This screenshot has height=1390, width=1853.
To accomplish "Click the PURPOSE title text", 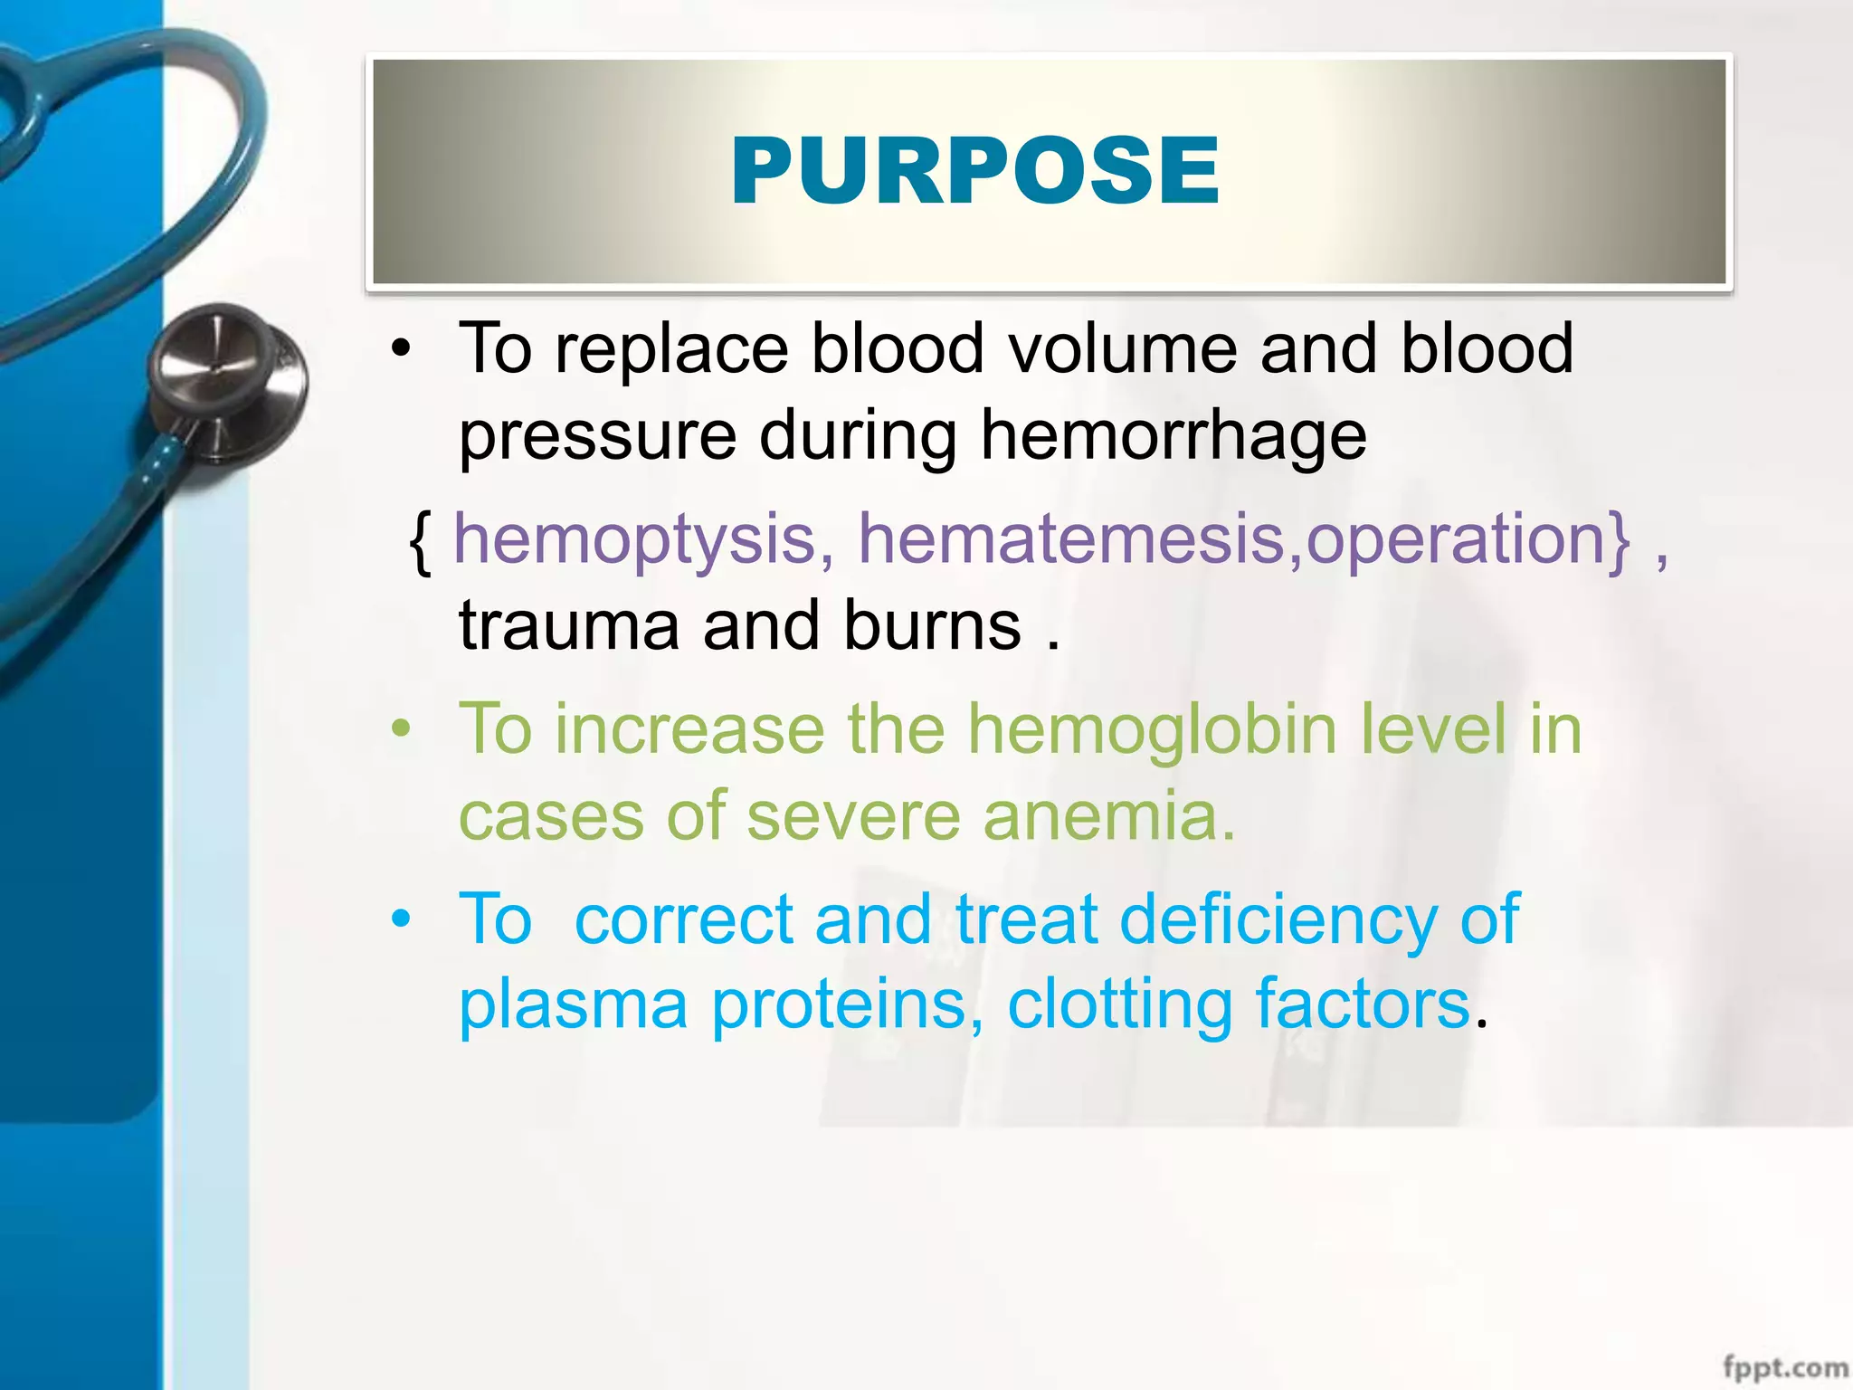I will click(x=975, y=171).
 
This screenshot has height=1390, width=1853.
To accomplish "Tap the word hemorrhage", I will click(x=1173, y=435).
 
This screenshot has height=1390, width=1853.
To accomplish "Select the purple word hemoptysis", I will click(x=634, y=538).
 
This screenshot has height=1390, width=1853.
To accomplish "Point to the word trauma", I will click(x=569, y=626).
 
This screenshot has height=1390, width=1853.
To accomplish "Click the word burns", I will click(x=932, y=626).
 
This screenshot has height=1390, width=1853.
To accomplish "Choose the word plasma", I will click(x=573, y=1004).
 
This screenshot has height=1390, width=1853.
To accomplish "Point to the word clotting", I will click(x=1119, y=1004).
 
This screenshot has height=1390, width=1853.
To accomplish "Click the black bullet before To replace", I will click(x=402, y=348).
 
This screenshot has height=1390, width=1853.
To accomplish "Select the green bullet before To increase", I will click(x=402, y=729).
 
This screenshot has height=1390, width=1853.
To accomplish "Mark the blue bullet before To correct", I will click(x=402, y=919).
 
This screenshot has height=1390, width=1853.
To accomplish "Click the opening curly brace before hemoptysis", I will click(x=419, y=540).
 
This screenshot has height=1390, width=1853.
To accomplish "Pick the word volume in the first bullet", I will click(x=1123, y=348).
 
